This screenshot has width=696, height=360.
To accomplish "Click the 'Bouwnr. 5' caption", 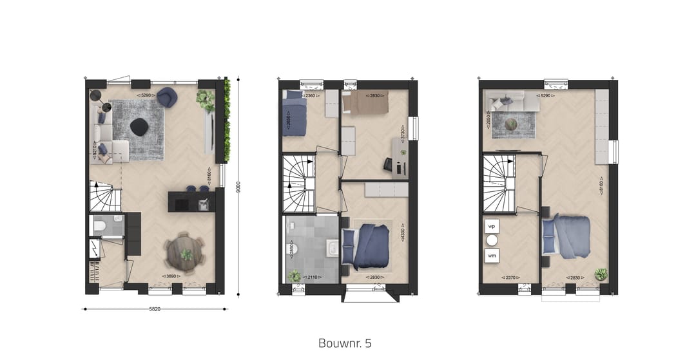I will tap(345, 343).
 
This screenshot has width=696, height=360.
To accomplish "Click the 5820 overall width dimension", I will tap(155, 309).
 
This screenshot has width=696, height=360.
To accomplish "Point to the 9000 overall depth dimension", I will tap(238, 186).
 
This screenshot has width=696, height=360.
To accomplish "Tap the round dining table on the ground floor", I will tap(186, 253).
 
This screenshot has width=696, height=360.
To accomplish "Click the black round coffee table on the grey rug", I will tap(139, 127).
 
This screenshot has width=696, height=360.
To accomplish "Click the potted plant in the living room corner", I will tap(206, 100).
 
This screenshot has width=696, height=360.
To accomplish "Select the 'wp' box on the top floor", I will tap(492, 227).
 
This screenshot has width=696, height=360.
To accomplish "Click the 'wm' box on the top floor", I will tap(492, 256).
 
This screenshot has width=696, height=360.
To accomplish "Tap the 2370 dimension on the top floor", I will tap(508, 278).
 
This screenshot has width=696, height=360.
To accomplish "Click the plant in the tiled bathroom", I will tap(295, 276).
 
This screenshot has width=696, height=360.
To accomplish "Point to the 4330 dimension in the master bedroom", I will tap(403, 232).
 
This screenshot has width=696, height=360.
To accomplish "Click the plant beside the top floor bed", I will tap(601, 274).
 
